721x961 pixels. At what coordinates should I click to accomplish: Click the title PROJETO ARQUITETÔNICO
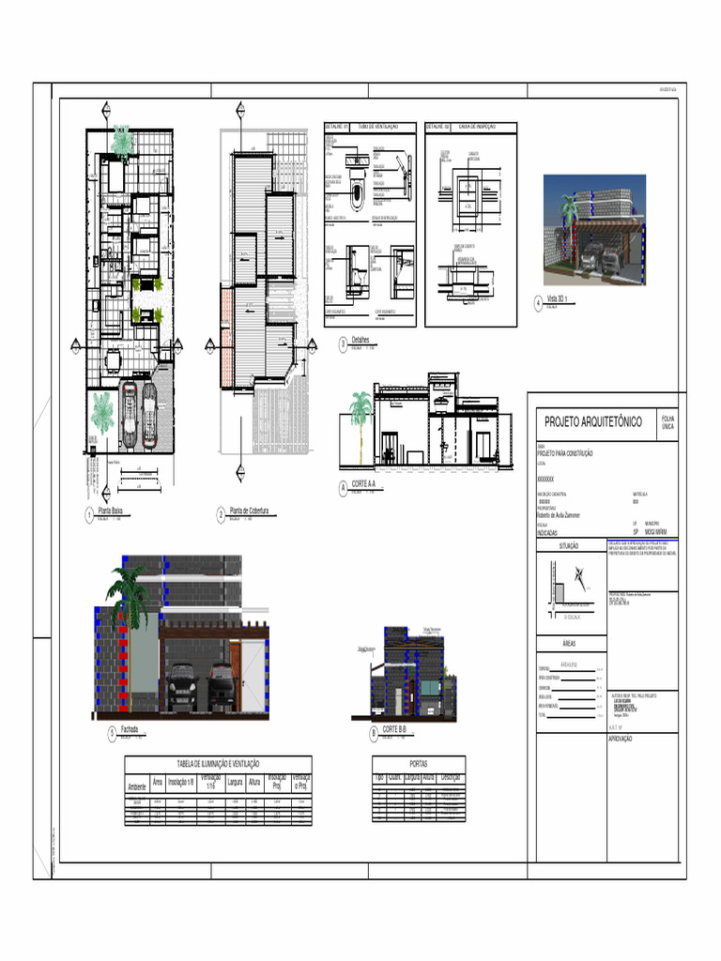pyautogui.click(x=593, y=422)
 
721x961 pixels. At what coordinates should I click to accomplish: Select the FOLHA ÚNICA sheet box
pyautogui.click(x=667, y=422)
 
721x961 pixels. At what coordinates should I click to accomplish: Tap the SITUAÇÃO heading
pyautogui.click(x=569, y=545)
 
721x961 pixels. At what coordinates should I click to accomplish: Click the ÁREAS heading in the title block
pyautogui.click(x=569, y=645)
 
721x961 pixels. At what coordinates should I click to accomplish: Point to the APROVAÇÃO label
pyautogui.click(x=621, y=740)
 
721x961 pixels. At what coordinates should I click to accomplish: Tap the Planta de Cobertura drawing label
pyautogui.click(x=249, y=511)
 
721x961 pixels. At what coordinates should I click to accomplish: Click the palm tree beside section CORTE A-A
pyautogui.click(x=360, y=413)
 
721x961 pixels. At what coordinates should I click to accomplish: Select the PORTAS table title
pyautogui.click(x=419, y=764)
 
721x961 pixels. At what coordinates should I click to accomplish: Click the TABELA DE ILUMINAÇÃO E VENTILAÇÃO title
pyautogui.click(x=218, y=764)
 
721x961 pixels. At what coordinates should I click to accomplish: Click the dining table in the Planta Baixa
pyautogui.click(x=115, y=359)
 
